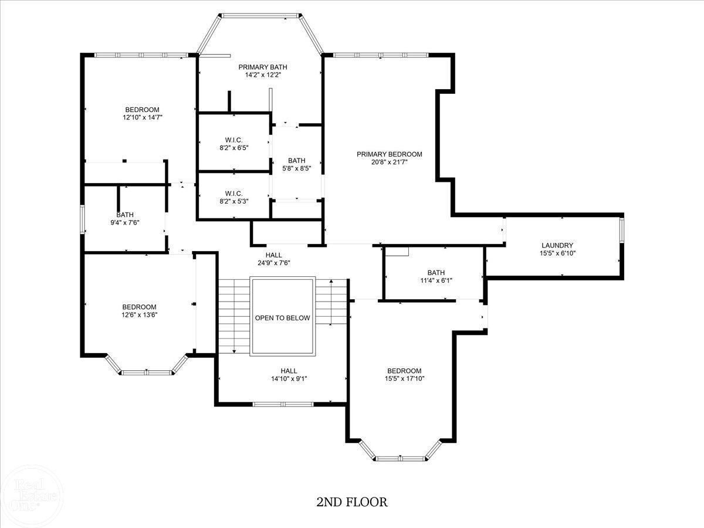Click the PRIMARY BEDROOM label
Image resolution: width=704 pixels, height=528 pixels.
click(390, 154)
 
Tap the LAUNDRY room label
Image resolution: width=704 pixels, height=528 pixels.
click(557, 245)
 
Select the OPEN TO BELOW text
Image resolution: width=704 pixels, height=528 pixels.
click(283, 318)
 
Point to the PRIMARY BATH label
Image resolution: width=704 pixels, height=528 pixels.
click(263, 67)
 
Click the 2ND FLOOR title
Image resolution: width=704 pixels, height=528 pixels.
click(352, 502)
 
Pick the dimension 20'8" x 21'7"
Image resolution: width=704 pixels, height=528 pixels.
click(390, 163)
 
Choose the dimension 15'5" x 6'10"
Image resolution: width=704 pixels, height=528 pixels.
click(557, 253)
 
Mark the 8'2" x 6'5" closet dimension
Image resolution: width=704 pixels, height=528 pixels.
click(234, 148)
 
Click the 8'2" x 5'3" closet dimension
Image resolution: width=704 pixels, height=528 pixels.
click(234, 201)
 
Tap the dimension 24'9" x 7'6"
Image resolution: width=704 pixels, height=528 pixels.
click(274, 263)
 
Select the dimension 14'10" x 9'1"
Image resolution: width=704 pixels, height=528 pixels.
click(289, 378)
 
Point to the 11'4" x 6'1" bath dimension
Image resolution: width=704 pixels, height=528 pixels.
click(436, 280)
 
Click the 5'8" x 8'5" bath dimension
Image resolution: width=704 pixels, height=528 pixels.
click(297, 168)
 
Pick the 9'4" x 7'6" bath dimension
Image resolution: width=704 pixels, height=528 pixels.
click(125, 222)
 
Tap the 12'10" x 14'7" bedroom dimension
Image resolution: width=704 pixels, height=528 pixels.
click(143, 117)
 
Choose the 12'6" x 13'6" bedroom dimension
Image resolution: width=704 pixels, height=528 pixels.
click(139, 315)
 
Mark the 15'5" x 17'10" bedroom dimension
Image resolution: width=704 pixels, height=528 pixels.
click(404, 378)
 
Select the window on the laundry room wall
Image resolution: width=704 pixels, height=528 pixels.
click(621, 229)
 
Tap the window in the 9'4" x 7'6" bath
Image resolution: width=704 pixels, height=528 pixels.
click(83, 219)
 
